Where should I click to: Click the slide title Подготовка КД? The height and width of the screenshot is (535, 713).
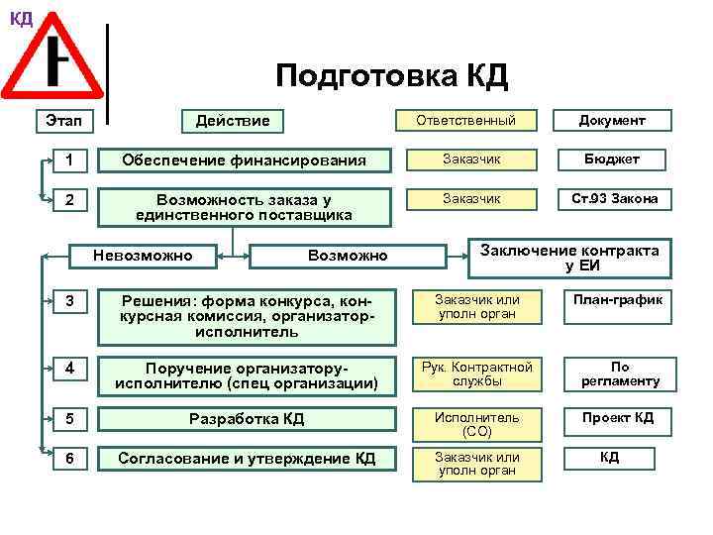click(x=391, y=75)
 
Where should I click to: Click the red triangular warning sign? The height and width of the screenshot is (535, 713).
click(x=53, y=61)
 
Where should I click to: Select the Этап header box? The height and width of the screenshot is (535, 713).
click(x=64, y=121)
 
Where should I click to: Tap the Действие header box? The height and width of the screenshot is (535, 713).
click(x=232, y=121)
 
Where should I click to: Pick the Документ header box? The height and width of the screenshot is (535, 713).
click(x=612, y=121)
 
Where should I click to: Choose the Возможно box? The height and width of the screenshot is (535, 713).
click(x=348, y=257)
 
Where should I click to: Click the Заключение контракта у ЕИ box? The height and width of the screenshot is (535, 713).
click(x=568, y=258)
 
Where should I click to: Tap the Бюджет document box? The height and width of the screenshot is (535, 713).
click(x=612, y=160)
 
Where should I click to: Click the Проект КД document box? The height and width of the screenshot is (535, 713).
click(x=617, y=417)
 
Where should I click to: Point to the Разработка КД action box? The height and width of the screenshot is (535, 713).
click(x=247, y=419)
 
